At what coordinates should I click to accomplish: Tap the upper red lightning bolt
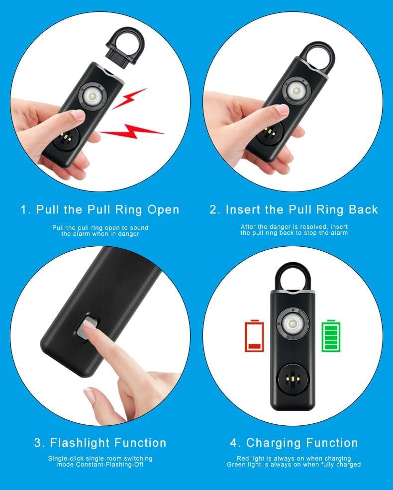pyautogui.click(x=129, y=98)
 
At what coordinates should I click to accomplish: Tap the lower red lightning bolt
pyautogui.click(x=131, y=131)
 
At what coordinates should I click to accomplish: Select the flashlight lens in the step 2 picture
pyautogui.click(x=295, y=91)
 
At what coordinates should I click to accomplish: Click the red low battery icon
pyautogui.click(x=254, y=336)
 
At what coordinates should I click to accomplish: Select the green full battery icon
pyautogui.click(x=331, y=336)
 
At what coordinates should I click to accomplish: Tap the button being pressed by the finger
pyautogui.click(x=87, y=328)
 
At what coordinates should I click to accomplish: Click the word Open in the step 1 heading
pyautogui.click(x=163, y=210)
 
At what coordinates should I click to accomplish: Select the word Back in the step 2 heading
pyautogui.click(x=363, y=210)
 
